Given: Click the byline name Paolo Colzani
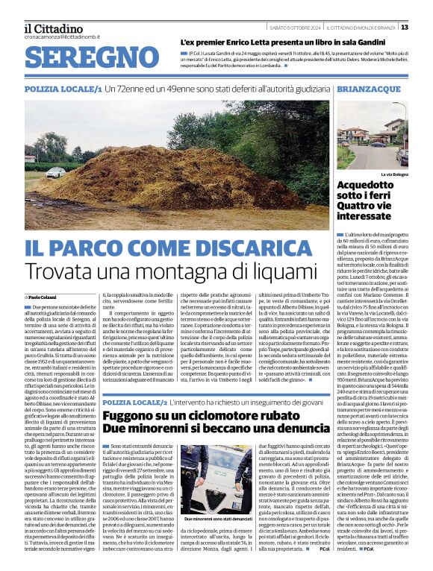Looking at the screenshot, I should (x=46, y=297).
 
